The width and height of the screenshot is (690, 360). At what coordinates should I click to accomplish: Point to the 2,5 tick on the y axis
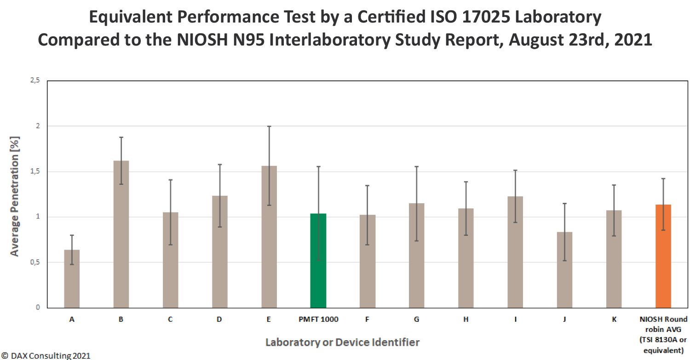click(x=35, y=81)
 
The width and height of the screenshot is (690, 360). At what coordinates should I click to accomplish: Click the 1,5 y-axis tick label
click(x=35, y=171)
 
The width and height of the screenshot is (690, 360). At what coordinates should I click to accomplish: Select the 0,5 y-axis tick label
click(x=35, y=263)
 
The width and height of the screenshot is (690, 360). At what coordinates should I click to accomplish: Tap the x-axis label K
click(x=614, y=319)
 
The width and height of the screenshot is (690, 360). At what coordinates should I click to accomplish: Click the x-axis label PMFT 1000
click(x=318, y=319)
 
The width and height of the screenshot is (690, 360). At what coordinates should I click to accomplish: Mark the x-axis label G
click(x=416, y=319)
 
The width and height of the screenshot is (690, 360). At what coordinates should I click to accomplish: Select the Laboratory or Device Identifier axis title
click(x=342, y=343)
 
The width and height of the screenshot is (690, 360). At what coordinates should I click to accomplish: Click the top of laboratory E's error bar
click(x=269, y=126)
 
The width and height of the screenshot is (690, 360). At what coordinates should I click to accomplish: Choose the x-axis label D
click(x=219, y=319)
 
